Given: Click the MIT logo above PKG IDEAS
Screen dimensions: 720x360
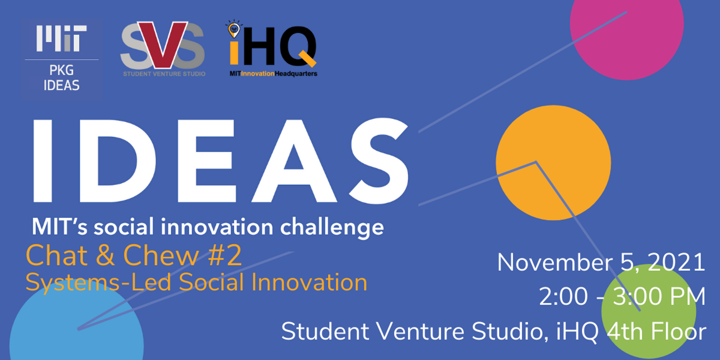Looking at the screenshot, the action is pos(61,38).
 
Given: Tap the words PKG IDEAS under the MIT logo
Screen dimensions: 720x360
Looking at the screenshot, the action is pos(61,78).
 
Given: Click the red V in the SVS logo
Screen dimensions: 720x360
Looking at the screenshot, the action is pos(162,44).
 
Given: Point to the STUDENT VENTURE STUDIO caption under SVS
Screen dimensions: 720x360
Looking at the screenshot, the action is pos(164,74).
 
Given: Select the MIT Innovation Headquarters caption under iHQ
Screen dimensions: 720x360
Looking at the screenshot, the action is pos(273,73).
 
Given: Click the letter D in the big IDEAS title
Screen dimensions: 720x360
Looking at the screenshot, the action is pos(117,161).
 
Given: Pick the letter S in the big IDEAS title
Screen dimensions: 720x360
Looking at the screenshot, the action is pos(379,161).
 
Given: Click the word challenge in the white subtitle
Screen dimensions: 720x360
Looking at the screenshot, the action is pos(332,228).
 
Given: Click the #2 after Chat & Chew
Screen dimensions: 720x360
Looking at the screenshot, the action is pos(225,255).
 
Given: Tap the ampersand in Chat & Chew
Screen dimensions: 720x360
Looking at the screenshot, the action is pos(105,255).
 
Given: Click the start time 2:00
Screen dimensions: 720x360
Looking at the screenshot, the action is pos(564,296).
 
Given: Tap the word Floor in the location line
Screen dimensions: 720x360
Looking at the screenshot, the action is pos(678,331).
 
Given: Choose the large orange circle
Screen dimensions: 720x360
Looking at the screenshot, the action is pos(553,163).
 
